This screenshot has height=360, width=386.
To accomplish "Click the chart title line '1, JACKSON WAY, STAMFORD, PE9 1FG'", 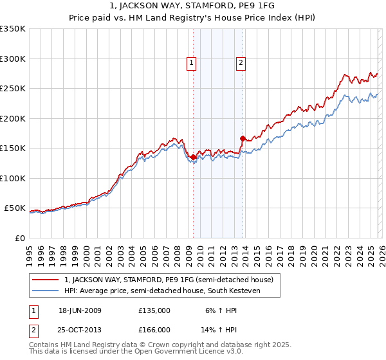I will pyautogui.click(x=193, y=6).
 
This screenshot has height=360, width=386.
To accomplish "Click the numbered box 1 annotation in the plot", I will pyautogui.click(x=192, y=63).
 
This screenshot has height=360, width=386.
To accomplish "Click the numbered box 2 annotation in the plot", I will pyautogui.click(x=241, y=63).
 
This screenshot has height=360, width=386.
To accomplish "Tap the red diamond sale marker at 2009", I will pyautogui.click(x=194, y=157).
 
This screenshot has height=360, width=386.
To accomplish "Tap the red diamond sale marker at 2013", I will pyautogui.click(x=243, y=138).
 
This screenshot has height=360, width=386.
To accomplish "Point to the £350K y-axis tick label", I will pyautogui.click(x=13, y=29).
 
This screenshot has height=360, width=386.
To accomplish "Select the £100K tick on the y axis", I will pyautogui.click(x=13, y=178).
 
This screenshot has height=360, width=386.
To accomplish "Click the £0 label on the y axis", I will pyautogui.click(x=19, y=238).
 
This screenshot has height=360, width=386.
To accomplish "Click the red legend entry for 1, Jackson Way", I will pyautogui.click(x=169, y=280).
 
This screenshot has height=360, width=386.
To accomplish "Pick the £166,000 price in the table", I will pyautogui.click(x=154, y=329).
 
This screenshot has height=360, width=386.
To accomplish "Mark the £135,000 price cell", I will pyautogui.click(x=154, y=310).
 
